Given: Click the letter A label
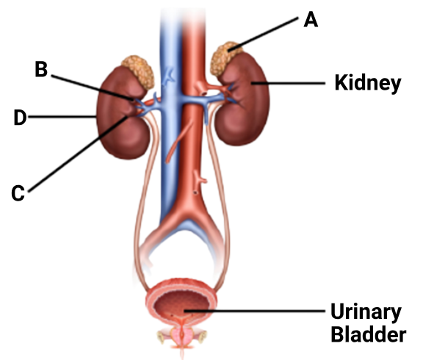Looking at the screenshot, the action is tap(311, 19).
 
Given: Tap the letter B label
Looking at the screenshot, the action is tap(41, 69).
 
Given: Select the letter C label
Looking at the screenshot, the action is tap(18, 193).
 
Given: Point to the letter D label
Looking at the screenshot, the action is tap(21, 118).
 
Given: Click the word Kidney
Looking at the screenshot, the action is tap(368, 83).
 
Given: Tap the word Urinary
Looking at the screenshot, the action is tap(366, 312).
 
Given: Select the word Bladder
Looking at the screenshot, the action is tap(368, 334).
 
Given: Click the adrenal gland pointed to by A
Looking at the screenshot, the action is tap(225, 58).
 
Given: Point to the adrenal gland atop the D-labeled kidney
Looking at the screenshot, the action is tap(139, 71).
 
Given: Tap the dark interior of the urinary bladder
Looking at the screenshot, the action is tap(182, 304).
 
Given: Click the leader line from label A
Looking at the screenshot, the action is tap(263, 35).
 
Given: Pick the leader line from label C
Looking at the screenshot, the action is tap(78, 154).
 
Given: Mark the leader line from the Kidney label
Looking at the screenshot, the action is tap(288, 84).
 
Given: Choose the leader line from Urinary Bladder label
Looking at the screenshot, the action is tap(254, 312).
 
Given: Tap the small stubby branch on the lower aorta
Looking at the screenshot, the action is tap(201, 179).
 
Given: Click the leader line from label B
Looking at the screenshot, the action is tap(93, 87).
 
